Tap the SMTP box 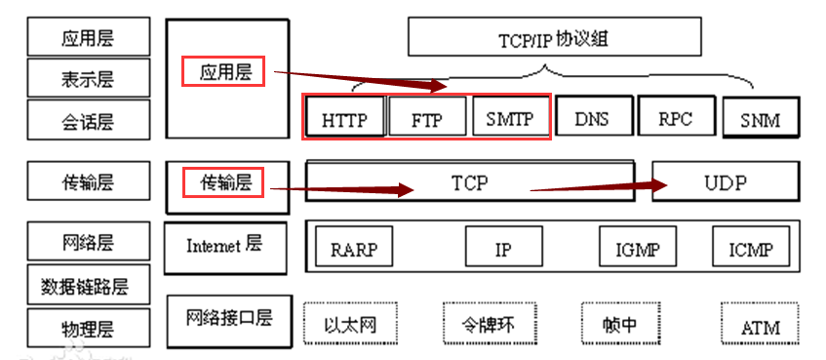[509, 118]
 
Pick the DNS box [592, 118]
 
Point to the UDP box [725, 181]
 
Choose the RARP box [353, 249]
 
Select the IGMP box [638, 249]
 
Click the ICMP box [750, 249]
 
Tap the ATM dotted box [760, 324]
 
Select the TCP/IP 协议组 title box [553, 38]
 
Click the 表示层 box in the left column [89, 77]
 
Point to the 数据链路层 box [88, 285]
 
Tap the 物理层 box [89, 327]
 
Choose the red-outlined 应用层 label [225, 71]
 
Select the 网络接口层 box [229, 319]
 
